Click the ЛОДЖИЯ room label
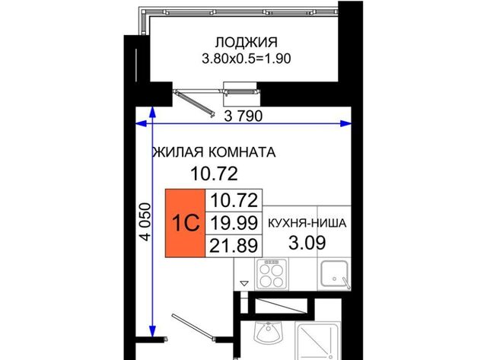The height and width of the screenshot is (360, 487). pyautogui.click(x=247, y=43)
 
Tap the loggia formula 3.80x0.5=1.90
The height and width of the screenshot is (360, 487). pyautogui.click(x=247, y=59)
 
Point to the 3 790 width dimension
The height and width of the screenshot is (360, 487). pyautogui.click(x=243, y=116)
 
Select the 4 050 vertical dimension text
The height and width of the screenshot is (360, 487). pyautogui.click(x=145, y=221)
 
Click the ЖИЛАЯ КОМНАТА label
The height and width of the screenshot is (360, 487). pyautogui.click(x=215, y=152)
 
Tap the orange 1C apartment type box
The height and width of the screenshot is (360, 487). pyautogui.click(x=185, y=223)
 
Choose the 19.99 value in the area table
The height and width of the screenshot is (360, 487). pyautogui.click(x=234, y=223)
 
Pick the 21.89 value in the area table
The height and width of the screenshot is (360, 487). pyautogui.click(x=234, y=245)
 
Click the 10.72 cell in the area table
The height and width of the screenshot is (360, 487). pyautogui.click(x=234, y=200)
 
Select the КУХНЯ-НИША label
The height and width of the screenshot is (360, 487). pyautogui.click(x=307, y=223)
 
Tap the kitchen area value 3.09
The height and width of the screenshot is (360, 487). pyautogui.click(x=307, y=243)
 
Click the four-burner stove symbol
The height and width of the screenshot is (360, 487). pyautogui.click(x=272, y=274)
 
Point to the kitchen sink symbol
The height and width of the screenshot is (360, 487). pyautogui.click(x=335, y=274)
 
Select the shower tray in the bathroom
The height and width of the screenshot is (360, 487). pyautogui.click(x=317, y=341)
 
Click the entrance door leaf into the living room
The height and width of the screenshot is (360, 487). pyautogui.click(x=193, y=327)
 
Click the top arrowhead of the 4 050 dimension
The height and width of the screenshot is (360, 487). pyautogui.click(x=152, y=112)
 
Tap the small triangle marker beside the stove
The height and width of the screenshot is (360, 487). pyautogui.click(x=244, y=283)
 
